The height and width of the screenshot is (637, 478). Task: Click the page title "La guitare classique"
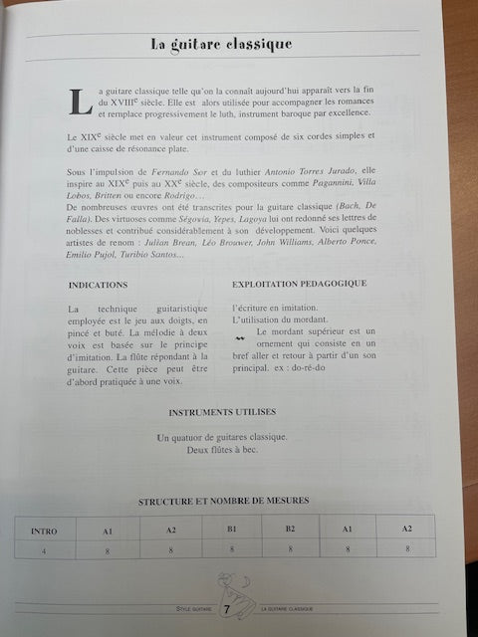click(x=221, y=44)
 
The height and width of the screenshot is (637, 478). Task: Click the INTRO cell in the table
click(x=44, y=531)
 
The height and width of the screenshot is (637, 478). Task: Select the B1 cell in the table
click(x=231, y=530)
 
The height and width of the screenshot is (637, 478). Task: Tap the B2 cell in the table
click(x=290, y=530)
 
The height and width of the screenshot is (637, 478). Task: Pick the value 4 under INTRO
click(x=44, y=550)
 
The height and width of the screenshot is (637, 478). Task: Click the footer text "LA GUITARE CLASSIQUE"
click(x=286, y=607)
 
